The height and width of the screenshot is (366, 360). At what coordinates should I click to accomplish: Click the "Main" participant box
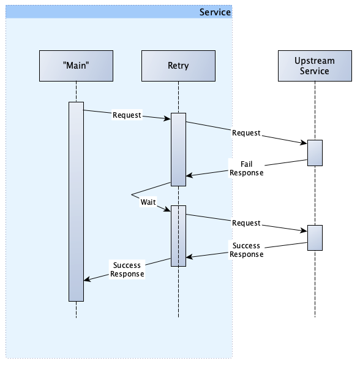click(x=77, y=66)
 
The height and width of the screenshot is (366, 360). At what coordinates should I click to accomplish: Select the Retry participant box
click(x=178, y=66)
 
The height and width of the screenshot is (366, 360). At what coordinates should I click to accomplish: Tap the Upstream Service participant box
click(x=315, y=66)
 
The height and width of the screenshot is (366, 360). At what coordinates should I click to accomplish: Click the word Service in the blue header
click(x=215, y=12)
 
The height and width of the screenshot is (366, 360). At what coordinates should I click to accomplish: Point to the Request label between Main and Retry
click(x=127, y=115)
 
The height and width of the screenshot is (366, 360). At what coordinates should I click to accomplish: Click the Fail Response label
click(x=247, y=169)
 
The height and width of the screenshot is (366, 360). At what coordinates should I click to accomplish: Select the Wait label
click(x=148, y=202)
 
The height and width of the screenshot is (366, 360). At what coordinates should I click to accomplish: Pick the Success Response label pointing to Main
click(x=127, y=269)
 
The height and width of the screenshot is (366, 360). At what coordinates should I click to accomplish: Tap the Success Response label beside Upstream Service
click(x=247, y=250)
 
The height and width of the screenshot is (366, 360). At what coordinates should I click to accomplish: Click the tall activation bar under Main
click(x=77, y=202)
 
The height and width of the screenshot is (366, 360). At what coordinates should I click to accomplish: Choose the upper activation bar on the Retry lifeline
click(x=178, y=150)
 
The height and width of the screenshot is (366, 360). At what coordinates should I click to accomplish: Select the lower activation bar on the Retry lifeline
click(x=178, y=236)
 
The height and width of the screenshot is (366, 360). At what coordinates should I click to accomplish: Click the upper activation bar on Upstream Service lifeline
click(x=315, y=153)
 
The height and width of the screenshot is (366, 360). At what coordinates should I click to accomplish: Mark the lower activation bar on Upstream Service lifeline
click(x=315, y=238)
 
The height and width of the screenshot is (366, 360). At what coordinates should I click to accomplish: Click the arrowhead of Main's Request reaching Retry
click(x=167, y=118)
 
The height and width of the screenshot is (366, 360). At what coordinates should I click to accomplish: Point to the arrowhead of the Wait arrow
click(x=167, y=210)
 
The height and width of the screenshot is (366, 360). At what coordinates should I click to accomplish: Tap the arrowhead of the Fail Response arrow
click(x=189, y=175)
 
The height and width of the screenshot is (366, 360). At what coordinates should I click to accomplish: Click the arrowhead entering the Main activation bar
click(x=87, y=279)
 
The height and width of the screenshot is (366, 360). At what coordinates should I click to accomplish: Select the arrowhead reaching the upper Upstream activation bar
click(x=304, y=143)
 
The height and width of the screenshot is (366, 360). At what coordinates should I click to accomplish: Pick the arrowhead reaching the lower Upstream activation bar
click(x=304, y=231)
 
